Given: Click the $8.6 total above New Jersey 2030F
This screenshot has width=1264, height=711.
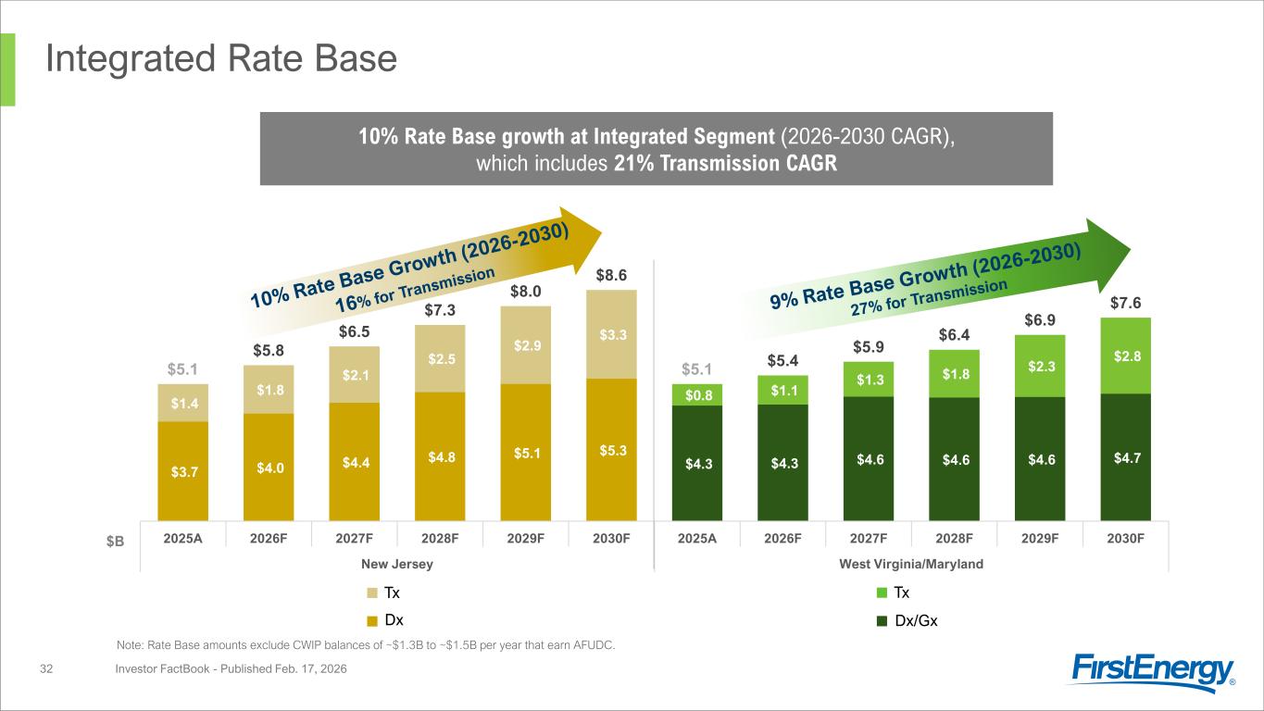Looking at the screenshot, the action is pos(611,275).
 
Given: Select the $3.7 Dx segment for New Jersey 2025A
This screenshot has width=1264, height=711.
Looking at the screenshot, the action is pos(182,471).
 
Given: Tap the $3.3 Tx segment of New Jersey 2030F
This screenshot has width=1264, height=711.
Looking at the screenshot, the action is pos(612,334).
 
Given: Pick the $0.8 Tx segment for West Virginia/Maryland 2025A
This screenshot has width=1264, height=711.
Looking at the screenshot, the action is pos(697,395).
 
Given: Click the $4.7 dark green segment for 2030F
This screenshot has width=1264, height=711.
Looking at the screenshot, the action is pos(1126,457).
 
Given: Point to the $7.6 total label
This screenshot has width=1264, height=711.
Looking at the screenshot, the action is pos(1126,303).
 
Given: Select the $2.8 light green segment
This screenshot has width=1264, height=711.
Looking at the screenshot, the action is pos(1126,356).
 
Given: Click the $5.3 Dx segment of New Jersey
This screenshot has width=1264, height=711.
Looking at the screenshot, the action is pos(612,450).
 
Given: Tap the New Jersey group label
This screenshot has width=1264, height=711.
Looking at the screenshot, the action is pos(397,564).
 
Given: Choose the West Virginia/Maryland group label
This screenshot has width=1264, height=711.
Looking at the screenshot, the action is pos(911,564).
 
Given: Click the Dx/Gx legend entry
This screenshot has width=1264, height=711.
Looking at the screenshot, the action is pos(907,620).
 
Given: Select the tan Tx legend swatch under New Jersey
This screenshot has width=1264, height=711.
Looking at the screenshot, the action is pos(372,593).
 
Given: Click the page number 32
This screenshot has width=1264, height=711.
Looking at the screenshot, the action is pos(46,668).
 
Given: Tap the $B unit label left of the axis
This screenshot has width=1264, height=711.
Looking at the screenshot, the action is pos(115,542).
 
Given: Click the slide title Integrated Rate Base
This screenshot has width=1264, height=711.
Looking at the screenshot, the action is pos(221,58).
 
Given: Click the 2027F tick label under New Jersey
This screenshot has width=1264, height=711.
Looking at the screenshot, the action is pos(355,538).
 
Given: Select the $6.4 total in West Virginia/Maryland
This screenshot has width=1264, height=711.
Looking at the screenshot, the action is pos(954,335).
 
